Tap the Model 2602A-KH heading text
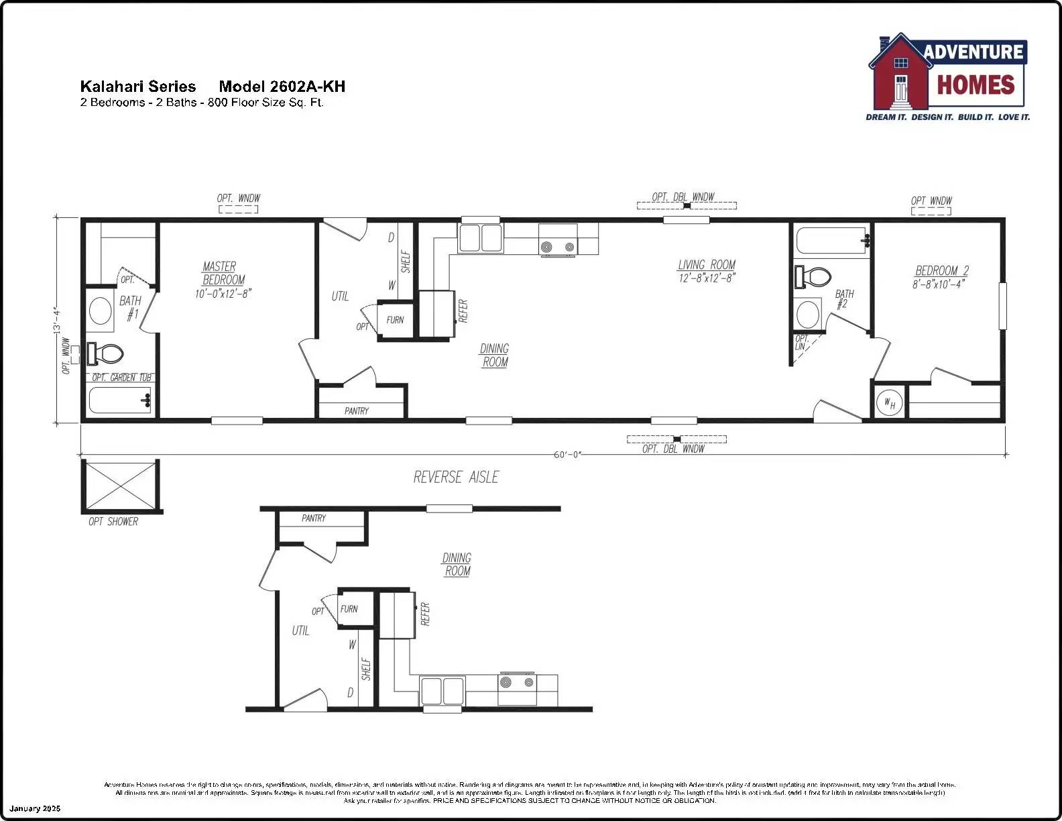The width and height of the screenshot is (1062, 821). tap(282, 87)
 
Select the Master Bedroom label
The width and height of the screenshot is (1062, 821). tap(223, 273)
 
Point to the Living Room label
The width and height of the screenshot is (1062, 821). tap(706, 265)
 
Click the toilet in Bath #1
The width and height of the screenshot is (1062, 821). tap(107, 353)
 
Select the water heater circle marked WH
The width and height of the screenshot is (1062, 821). tap(889, 403)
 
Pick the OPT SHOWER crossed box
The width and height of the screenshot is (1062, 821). tap(121, 485)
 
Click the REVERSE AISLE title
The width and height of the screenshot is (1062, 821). tap(456, 477)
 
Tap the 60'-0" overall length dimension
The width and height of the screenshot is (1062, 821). tap(567, 455)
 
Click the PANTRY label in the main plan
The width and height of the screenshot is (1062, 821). tap(357, 410)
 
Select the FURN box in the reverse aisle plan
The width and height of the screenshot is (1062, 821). tap(349, 609)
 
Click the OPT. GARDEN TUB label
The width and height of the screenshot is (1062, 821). tap(122, 378)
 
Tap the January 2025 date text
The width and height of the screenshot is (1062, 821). tap(35, 808)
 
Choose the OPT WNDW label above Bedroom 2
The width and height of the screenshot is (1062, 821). tap(931, 201)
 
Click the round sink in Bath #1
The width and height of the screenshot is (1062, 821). tap(101, 311)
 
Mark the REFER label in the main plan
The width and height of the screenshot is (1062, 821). tap(463, 311)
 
